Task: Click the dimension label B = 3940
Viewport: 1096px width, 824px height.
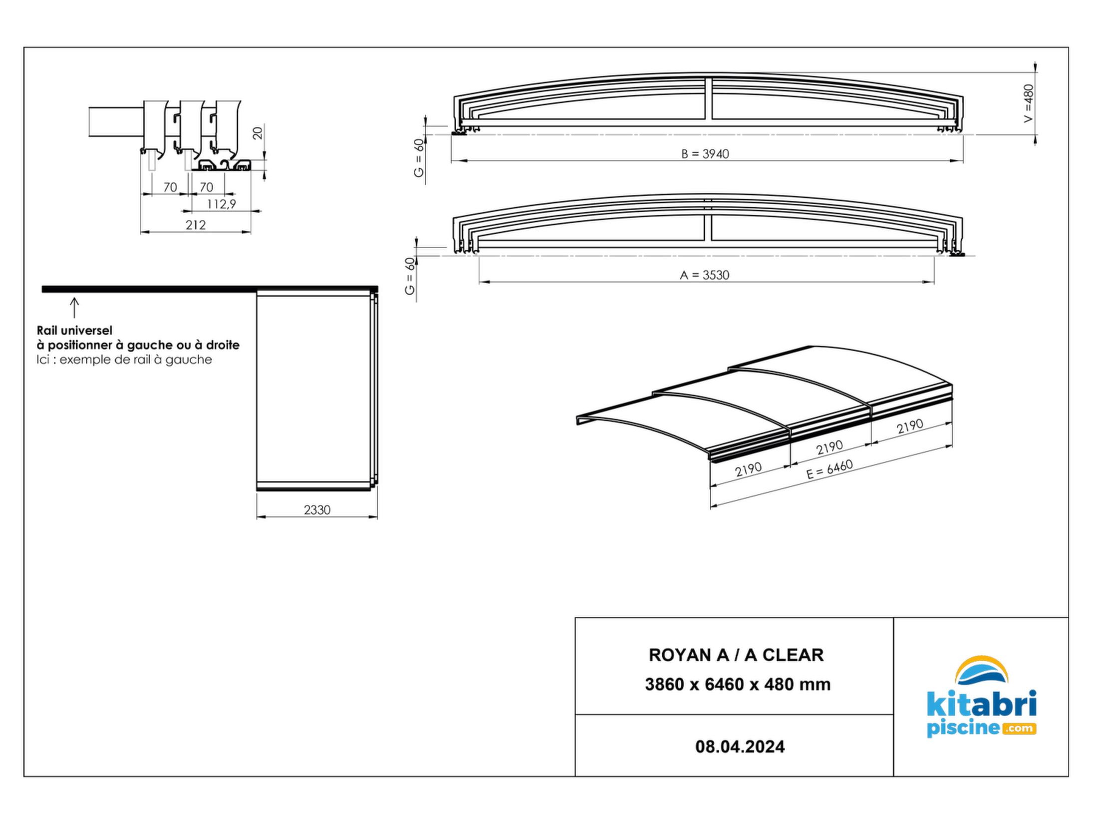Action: pyautogui.click(x=705, y=154)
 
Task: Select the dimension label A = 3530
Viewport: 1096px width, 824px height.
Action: pyautogui.click(x=704, y=275)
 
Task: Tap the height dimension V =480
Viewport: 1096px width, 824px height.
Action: pyautogui.click(x=1029, y=103)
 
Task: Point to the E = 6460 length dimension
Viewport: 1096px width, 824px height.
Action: pyautogui.click(x=829, y=470)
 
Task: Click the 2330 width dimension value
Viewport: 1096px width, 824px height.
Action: pyautogui.click(x=317, y=510)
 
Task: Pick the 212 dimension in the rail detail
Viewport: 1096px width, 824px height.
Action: pyautogui.click(x=196, y=225)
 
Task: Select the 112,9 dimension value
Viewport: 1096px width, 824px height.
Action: pyautogui.click(x=221, y=204)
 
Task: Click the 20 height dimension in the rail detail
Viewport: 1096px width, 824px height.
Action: pyautogui.click(x=258, y=133)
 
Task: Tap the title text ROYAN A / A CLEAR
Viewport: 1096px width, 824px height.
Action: pyautogui.click(x=736, y=655)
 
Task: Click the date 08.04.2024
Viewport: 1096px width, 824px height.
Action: pyautogui.click(x=740, y=747)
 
